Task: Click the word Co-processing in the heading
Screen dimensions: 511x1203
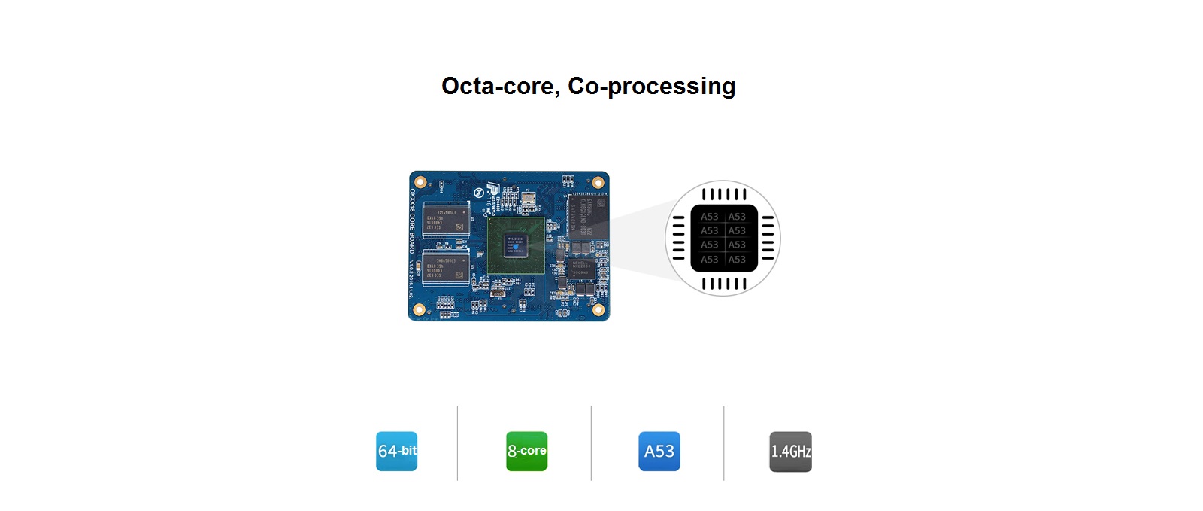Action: tap(651, 87)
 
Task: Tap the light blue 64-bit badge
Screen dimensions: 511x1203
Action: tap(396, 451)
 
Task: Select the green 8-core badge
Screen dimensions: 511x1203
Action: tap(526, 451)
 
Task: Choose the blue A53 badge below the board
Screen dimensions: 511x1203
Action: tap(659, 451)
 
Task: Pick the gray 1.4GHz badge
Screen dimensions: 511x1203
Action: tap(790, 452)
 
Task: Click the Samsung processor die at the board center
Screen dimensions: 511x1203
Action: tap(516, 245)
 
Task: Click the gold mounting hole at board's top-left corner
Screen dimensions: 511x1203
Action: tap(420, 182)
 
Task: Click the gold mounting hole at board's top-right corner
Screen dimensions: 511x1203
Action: tap(598, 182)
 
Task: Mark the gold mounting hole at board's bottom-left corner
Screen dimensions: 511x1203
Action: tap(420, 309)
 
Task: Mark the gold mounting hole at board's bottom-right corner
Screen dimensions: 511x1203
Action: tap(598, 309)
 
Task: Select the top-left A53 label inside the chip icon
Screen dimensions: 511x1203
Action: tap(710, 217)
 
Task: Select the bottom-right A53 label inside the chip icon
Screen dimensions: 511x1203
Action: tap(737, 260)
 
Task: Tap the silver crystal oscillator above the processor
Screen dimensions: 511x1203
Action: tap(529, 199)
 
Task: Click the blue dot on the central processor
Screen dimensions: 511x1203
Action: tap(510, 238)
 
